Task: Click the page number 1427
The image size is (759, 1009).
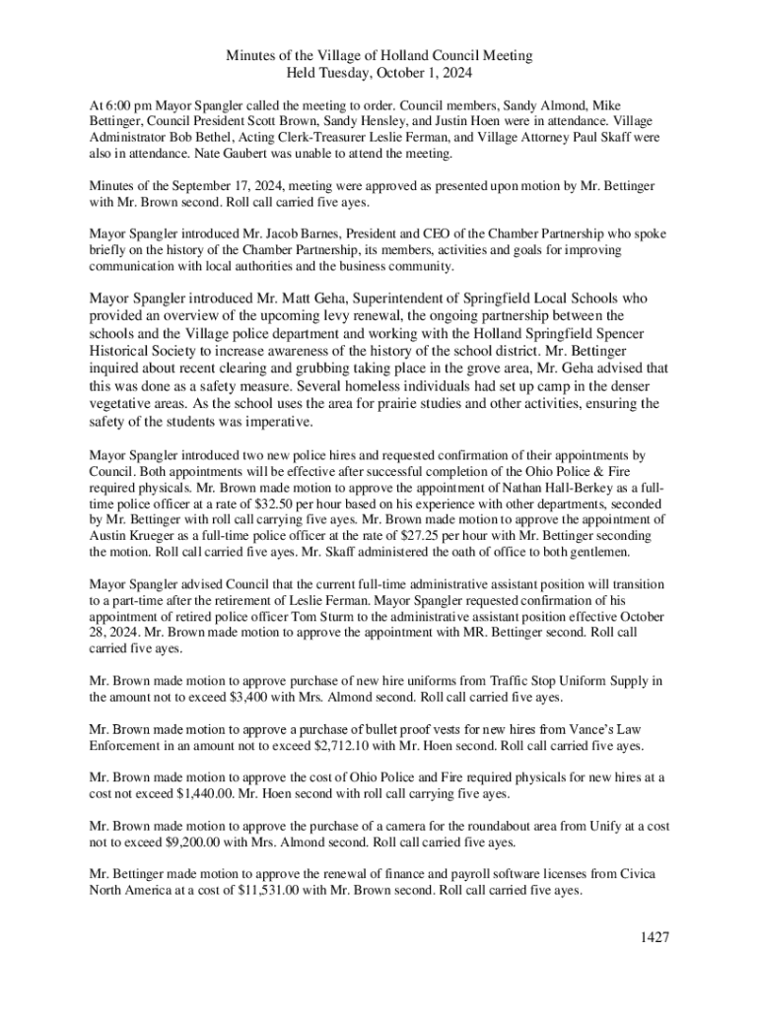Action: coord(652,937)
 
